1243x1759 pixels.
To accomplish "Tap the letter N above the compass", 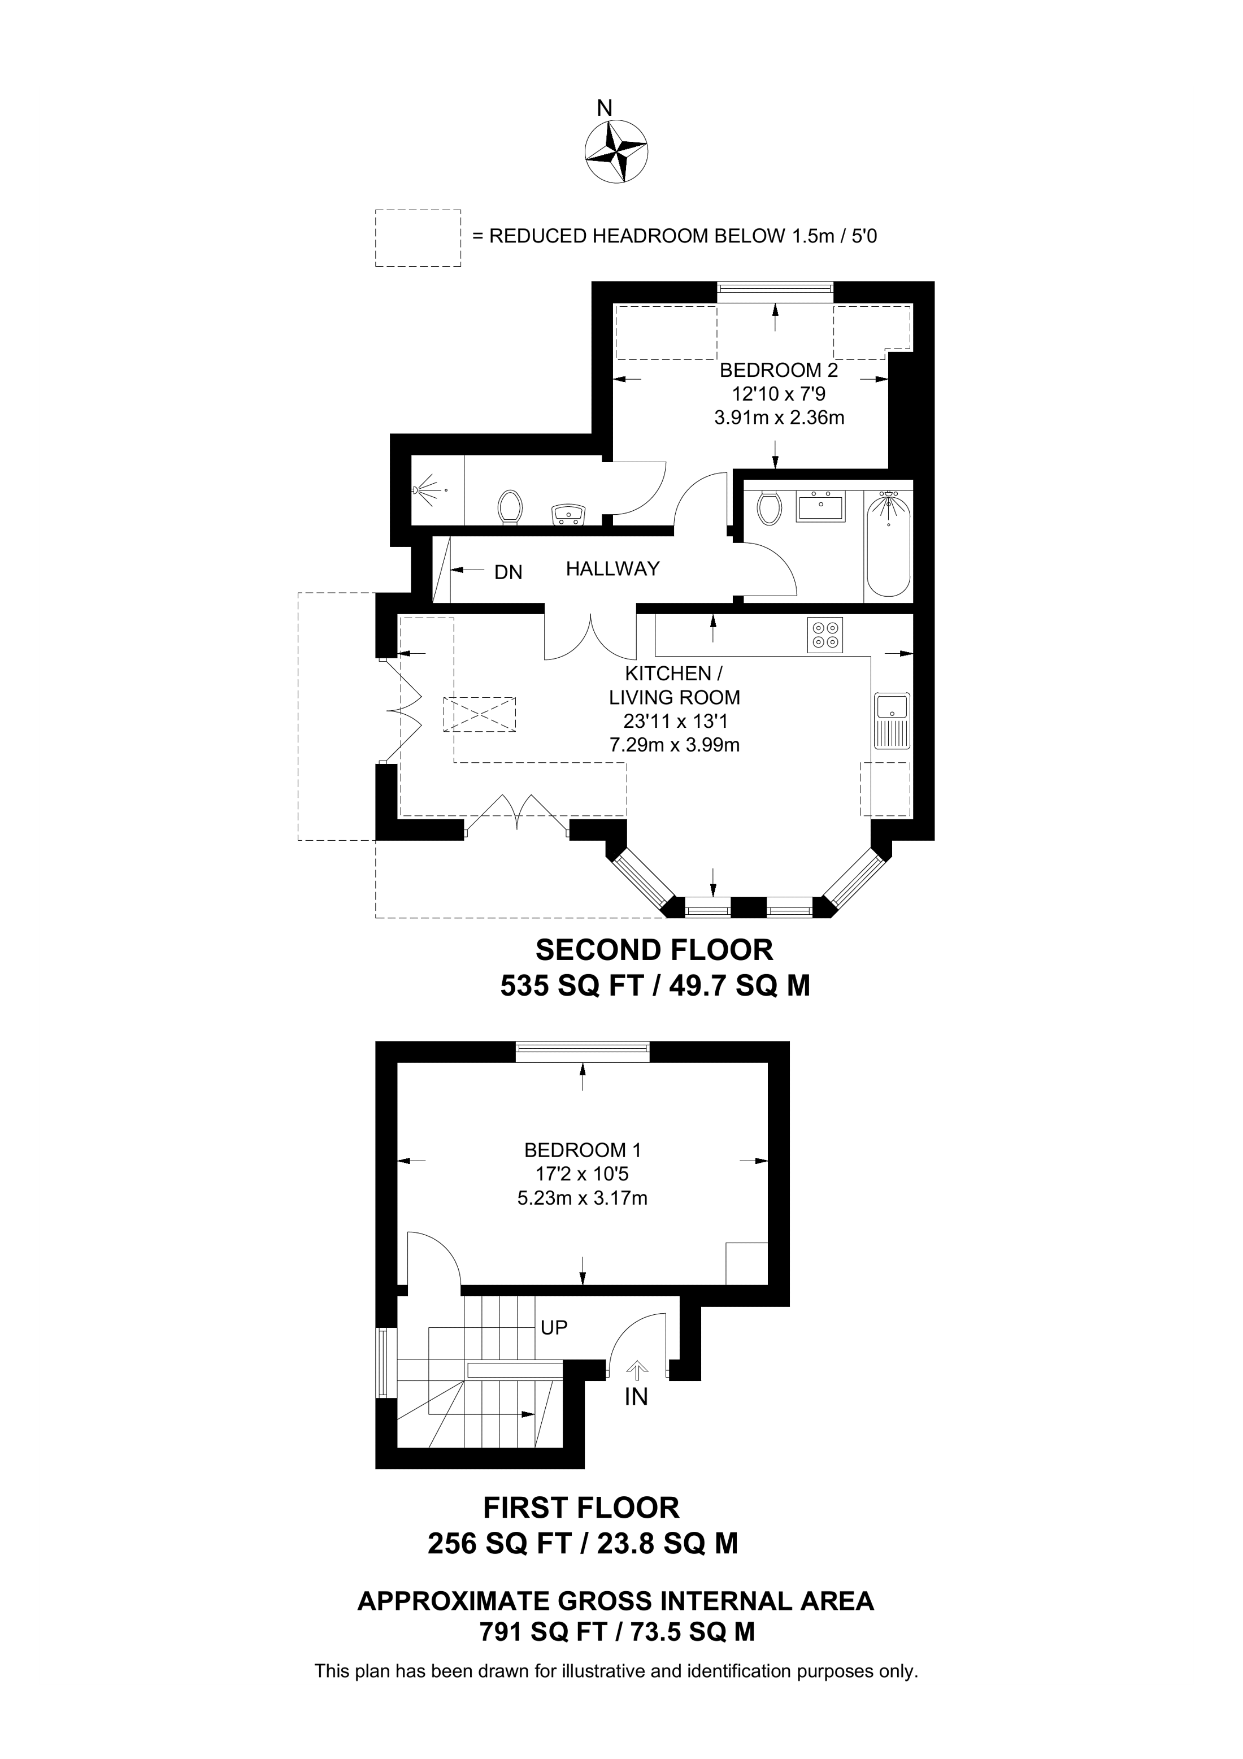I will (x=605, y=108).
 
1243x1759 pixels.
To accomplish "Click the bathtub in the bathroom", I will (x=888, y=545).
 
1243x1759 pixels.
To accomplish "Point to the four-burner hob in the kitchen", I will (x=825, y=635).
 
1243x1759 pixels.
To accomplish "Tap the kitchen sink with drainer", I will (x=892, y=721).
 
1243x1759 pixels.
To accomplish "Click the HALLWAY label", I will (x=612, y=568).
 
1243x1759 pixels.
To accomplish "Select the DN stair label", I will (x=508, y=572).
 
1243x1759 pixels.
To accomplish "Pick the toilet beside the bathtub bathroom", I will (x=768, y=507).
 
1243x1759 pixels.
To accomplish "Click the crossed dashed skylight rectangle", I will (x=480, y=714).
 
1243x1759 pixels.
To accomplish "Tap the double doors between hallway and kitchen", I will (x=590, y=637).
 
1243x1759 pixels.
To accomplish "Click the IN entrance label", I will (x=636, y=1397).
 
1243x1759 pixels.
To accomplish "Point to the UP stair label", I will (x=554, y=1328).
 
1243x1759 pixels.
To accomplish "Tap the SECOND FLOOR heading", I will (x=654, y=950).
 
